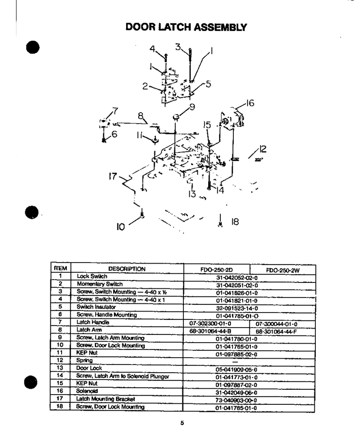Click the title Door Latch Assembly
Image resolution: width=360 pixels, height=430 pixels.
tap(186, 27)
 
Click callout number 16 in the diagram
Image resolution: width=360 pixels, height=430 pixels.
tap(250, 103)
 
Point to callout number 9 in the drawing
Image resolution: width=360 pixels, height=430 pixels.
tap(192, 107)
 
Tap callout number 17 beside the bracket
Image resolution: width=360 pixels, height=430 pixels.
tap(113, 176)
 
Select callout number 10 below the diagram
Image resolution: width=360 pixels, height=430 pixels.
tap(121, 227)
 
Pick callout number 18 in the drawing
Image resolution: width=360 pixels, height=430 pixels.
tap(235, 221)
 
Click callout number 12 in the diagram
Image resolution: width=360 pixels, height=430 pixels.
tap(262, 149)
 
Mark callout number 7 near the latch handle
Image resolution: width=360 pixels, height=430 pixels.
tap(115, 111)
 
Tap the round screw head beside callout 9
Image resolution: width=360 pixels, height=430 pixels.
tap(176, 117)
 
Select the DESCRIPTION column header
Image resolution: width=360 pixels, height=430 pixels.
tap(127, 269)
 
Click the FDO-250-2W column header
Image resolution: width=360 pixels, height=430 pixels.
tap(283, 270)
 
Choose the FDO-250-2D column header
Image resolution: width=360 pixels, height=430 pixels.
tap(216, 269)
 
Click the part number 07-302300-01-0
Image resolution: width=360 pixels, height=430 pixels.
tap(210, 324)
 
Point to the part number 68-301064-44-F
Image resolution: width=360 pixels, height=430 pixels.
tap(277, 331)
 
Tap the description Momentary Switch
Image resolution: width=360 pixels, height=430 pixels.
tap(99, 284)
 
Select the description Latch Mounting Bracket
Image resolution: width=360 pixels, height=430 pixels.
tap(106, 399)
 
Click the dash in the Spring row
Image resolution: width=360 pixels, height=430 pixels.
tap(235, 362)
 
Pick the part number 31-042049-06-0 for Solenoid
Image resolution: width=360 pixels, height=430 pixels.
tap(236, 393)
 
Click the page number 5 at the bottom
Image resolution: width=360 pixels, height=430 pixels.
tap(182, 423)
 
